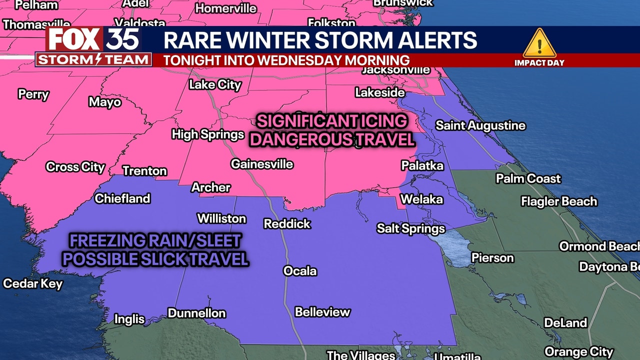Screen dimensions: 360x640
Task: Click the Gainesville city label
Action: [261, 164]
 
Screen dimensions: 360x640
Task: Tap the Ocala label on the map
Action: [300, 271]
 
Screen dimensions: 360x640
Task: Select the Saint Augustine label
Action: [480, 125]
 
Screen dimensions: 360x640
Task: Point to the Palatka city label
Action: [422, 165]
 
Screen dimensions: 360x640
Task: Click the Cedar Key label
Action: [33, 284]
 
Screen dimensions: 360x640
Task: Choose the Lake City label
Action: [215, 84]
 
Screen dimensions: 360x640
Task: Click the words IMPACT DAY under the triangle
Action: [539, 63]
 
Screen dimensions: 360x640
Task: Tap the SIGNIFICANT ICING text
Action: [332, 121]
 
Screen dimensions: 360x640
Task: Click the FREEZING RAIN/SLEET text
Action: [155, 241]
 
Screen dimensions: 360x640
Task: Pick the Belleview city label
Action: [322, 312]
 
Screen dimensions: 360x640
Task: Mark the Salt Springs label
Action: [410, 229]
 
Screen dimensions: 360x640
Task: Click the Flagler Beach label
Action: [559, 201]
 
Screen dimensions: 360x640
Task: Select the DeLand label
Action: [565, 323]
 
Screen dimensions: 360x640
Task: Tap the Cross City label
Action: [75, 167]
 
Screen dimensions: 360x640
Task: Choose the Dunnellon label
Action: [196, 313]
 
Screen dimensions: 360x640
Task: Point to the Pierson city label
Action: [492, 258]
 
